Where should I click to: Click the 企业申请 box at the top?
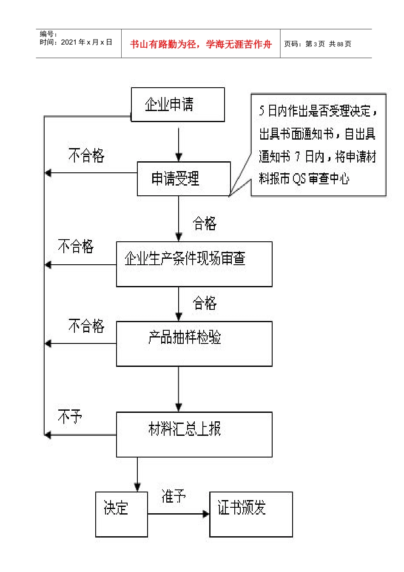click(177, 105)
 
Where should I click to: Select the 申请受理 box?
click(183, 179)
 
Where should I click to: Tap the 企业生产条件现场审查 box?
click(194, 264)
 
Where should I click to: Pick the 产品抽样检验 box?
click(194, 343)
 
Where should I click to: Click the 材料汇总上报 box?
click(194, 434)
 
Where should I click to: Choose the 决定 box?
click(121, 514)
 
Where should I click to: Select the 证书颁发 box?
click(251, 514)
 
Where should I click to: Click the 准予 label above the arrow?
click(174, 496)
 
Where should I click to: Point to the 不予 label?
click(70, 417)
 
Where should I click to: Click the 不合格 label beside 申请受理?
click(86, 156)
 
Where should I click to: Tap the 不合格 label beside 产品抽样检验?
click(86, 326)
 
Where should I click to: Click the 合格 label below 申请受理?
click(205, 223)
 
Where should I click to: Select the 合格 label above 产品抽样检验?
click(205, 303)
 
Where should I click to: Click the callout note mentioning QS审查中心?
click(318, 145)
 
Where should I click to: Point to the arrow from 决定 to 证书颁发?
click(179, 514)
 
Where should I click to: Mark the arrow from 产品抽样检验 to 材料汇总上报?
click(179, 389)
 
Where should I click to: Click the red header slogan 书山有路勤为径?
click(201, 44)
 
